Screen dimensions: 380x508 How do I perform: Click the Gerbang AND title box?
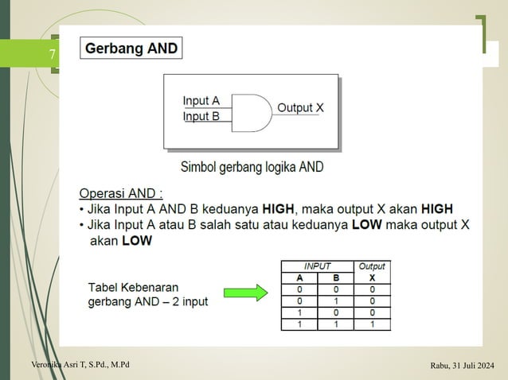(131, 48)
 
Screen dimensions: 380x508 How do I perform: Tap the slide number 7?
(52, 56)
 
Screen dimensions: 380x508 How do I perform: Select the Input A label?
(201, 101)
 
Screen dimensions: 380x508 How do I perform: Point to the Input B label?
(201, 116)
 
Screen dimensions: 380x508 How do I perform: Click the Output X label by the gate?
(300, 107)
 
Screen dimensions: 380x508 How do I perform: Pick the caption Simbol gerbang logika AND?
(252, 168)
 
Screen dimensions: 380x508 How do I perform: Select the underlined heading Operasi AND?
(121, 193)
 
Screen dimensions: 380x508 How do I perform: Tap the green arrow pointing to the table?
(244, 293)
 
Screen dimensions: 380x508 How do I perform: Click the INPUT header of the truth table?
(318, 267)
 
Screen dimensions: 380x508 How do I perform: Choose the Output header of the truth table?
(372, 267)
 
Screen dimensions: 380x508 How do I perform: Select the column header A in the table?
(299, 278)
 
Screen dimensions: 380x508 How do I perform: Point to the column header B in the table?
(336, 278)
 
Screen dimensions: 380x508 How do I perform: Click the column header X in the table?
(372, 278)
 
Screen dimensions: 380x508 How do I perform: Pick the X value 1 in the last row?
(372, 324)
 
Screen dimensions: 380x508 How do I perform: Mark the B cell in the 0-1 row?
(336, 301)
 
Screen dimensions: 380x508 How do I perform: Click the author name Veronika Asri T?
(80, 365)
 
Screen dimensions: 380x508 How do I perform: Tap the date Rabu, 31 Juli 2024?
(462, 366)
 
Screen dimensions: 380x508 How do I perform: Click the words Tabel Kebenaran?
(133, 287)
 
